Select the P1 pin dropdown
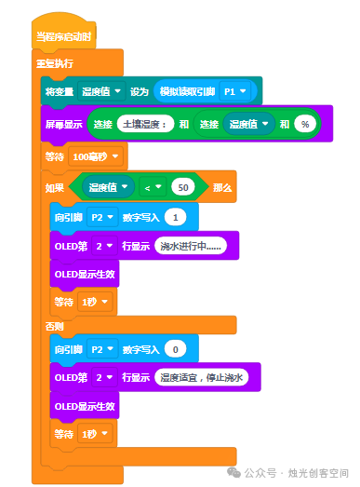pyautogui.click(x=235, y=91)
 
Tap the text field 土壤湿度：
pyautogui.click(x=145, y=124)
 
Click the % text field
pyautogui.click(x=305, y=124)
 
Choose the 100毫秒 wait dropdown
pyautogui.click(x=96, y=156)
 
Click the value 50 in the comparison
pyautogui.click(x=183, y=187)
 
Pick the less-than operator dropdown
pyautogui.click(x=153, y=187)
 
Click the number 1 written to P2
pyautogui.click(x=175, y=217)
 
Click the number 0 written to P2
pyautogui.click(x=175, y=349)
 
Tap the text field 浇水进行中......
pyautogui.click(x=191, y=246)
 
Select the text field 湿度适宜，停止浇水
pyautogui.click(x=202, y=377)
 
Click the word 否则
pyautogui.click(x=54, y=326)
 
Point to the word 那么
pyautogui.click(x=222, y=187)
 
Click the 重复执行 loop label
pyautogui.click(x=55, y=63)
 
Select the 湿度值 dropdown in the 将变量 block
pyautogui.click(x=101, y=91)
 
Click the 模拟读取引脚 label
pyautogui.click(x=187, y=91)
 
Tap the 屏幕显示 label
pyautogui.click(x=64, y=124)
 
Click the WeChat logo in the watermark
pyautogui.click(x=233, y=472)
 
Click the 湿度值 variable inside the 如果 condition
pyautogui.click(x=108, y=187)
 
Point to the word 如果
pyautogui.click(x=55, y=187)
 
